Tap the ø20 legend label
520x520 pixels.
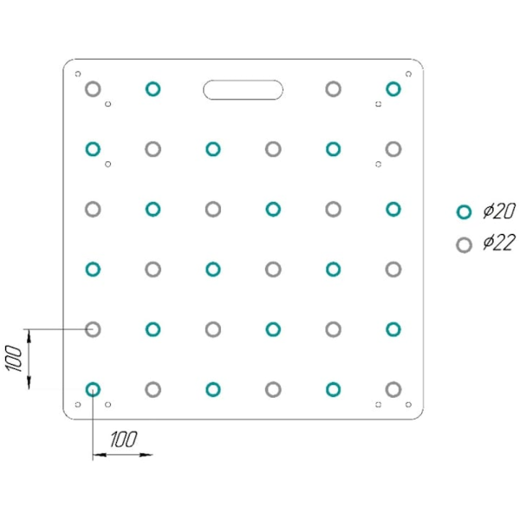tap(499, 211)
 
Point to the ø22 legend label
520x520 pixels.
tap(499, 242)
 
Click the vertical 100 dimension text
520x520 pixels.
tap(13, 358)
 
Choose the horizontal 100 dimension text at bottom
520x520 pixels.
tap(123, 439)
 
